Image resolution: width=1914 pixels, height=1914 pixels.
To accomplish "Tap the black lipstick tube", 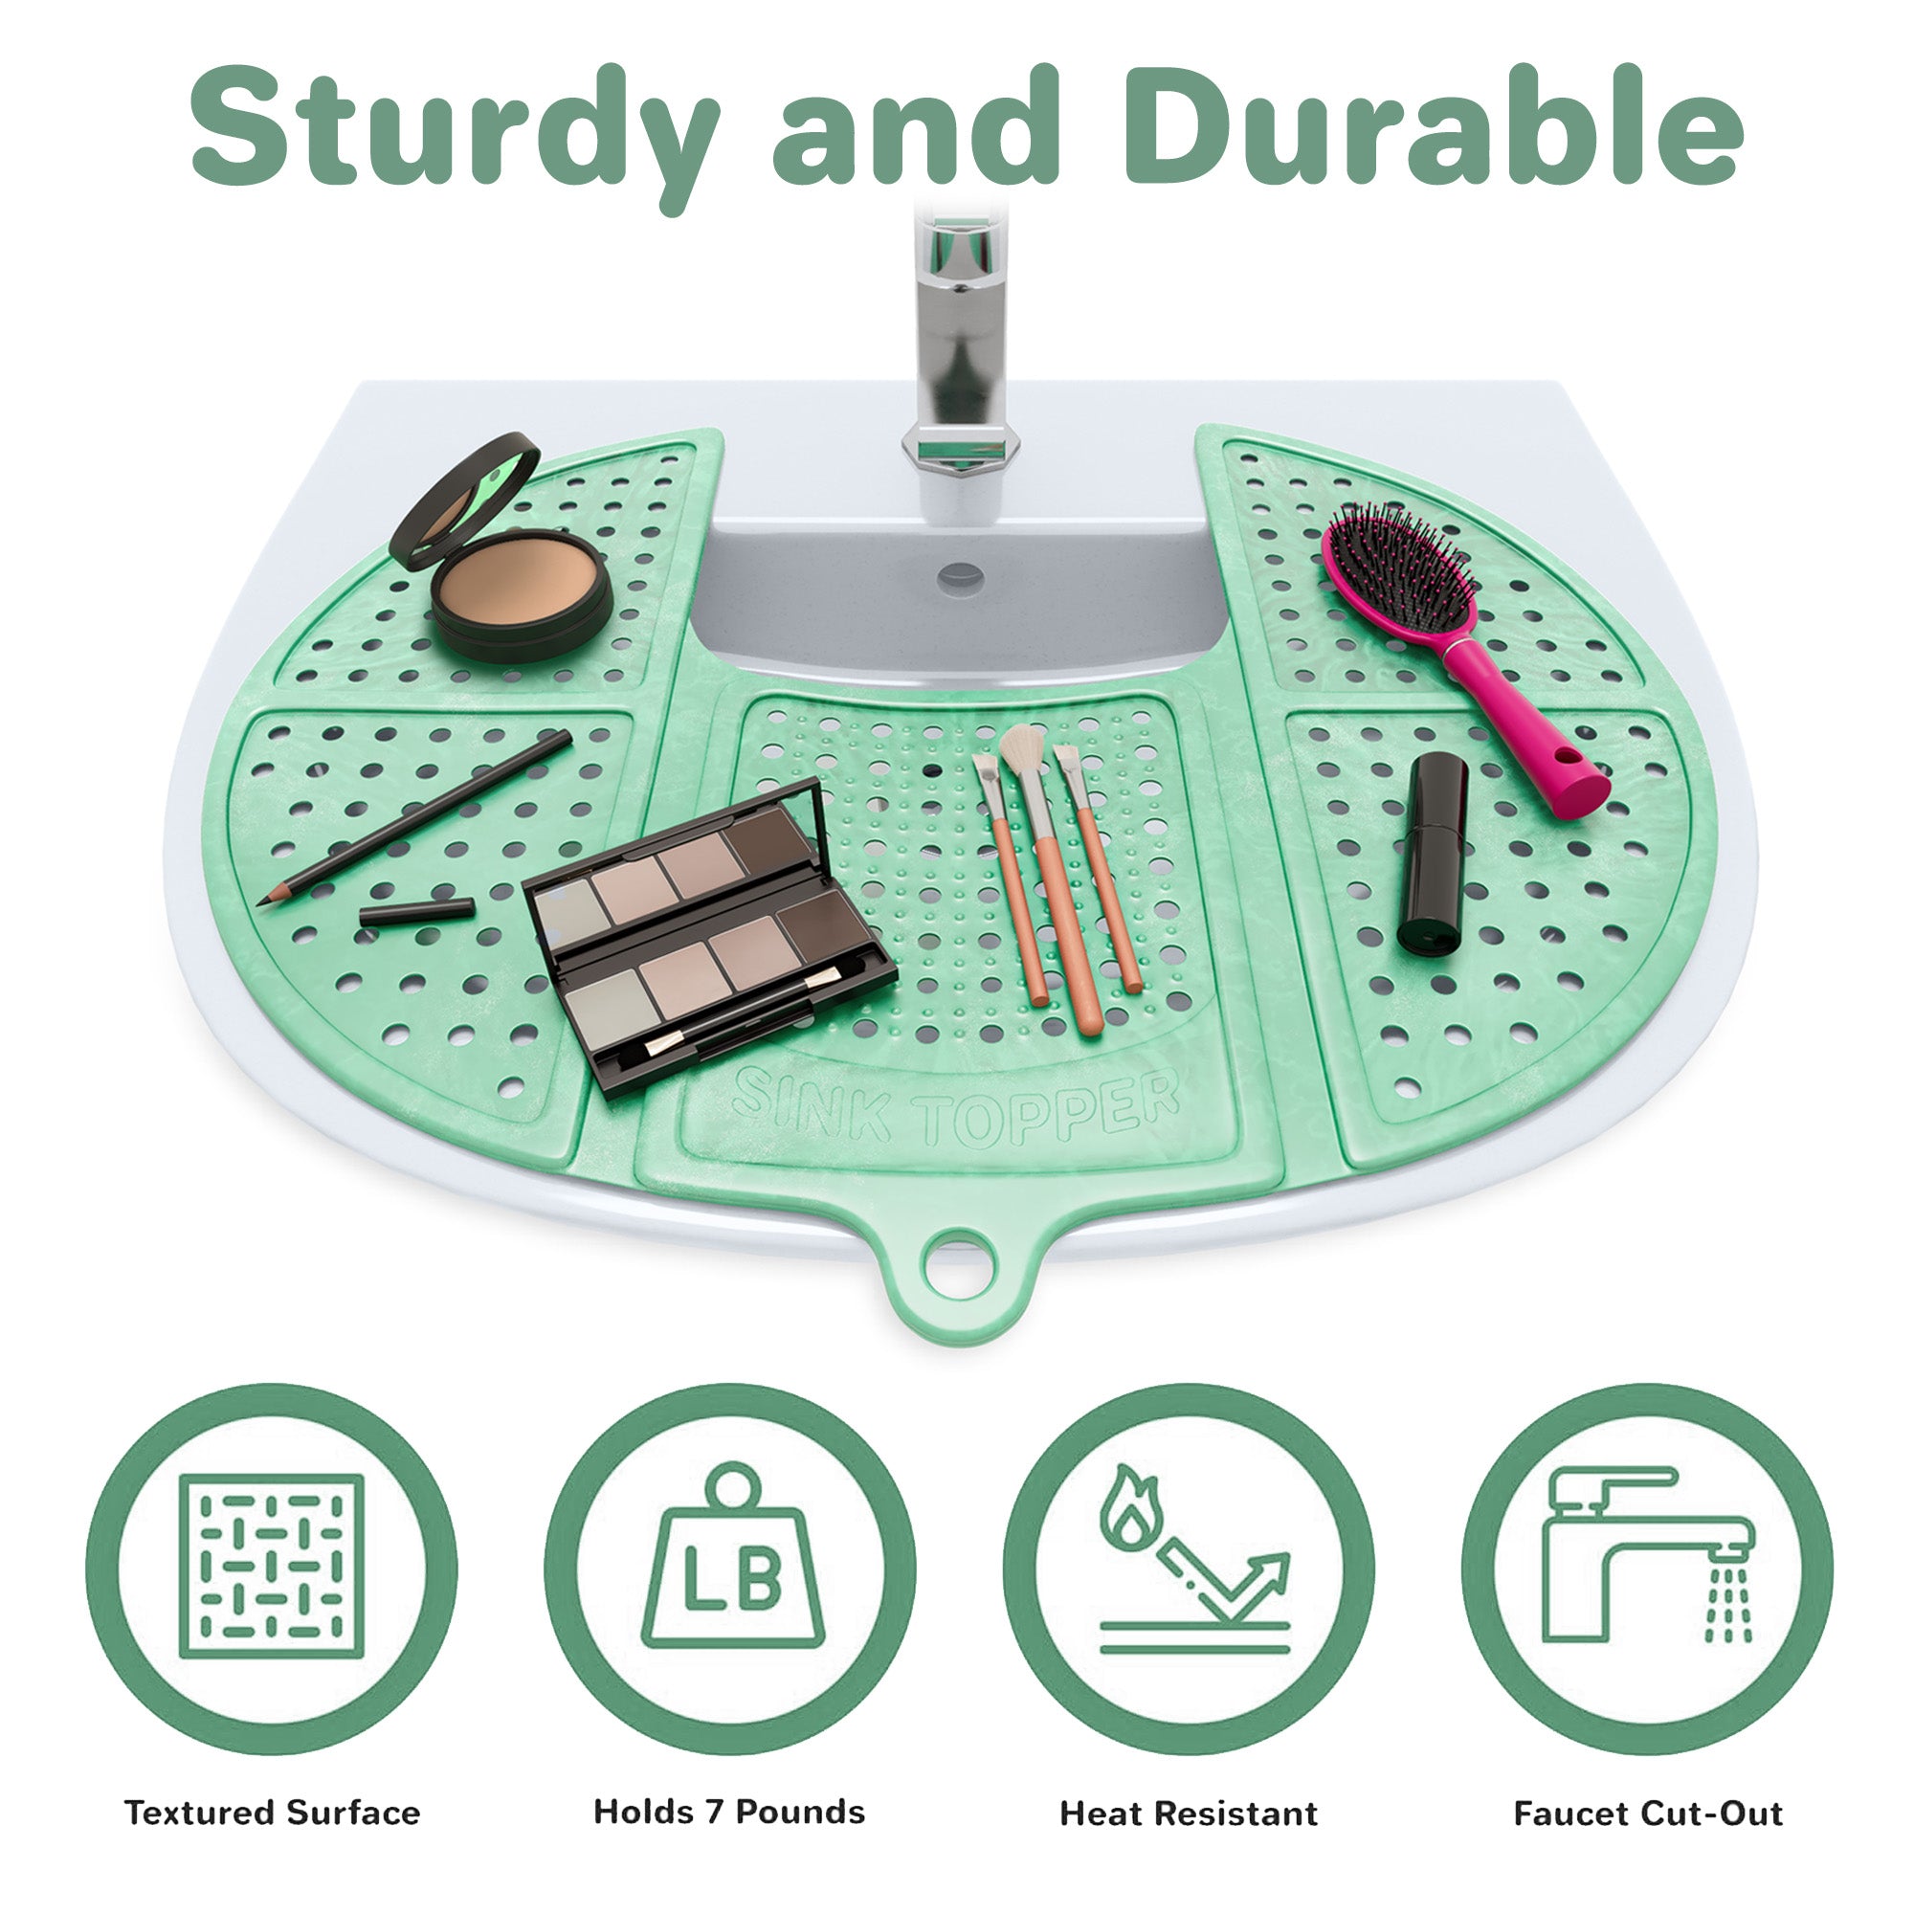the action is pos(1434,852).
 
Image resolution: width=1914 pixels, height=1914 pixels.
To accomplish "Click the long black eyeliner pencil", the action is pos(414,818).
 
